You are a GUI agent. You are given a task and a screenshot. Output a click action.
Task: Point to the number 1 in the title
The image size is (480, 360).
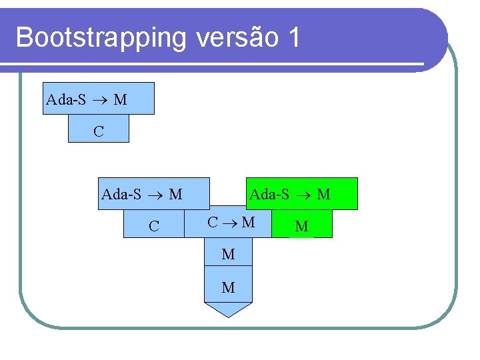tap(293, 37)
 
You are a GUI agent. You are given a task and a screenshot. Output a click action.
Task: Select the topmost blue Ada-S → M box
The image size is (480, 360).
tap(99, 99)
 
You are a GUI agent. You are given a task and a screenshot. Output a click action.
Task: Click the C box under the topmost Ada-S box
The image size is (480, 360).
tap(99, 131)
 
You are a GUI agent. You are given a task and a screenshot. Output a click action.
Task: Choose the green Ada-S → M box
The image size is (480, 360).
tap(302, 193)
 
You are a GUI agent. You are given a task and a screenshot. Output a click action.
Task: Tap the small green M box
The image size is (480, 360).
tap(302, 226)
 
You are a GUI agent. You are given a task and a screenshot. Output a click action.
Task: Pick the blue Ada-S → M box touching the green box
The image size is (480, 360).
tap(153, 194)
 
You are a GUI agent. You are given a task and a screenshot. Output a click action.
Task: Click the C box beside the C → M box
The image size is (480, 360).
tap(154, 225)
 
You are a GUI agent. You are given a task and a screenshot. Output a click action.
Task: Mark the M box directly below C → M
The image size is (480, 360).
tap(228, 253)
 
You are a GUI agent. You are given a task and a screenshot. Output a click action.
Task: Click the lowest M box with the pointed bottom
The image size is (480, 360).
tap(228, 287)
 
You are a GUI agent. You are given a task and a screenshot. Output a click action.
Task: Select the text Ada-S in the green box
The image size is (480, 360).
tap(269, 194)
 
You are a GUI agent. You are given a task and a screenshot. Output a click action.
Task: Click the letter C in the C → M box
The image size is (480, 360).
tap(213, 222)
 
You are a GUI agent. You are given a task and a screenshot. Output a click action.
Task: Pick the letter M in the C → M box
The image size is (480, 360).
tap(247, 222)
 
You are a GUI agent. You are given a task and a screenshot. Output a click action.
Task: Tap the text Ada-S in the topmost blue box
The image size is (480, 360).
tap(66, 100)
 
